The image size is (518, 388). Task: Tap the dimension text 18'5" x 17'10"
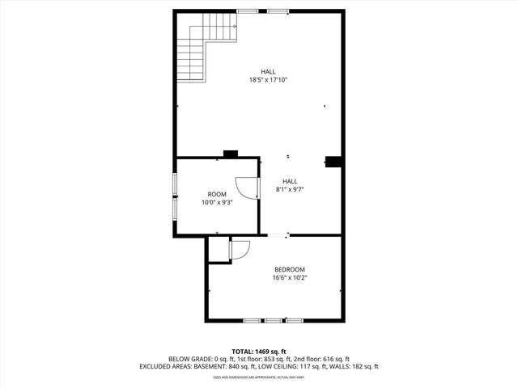(x=269, y=79)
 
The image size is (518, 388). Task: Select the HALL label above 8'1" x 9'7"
(x=290, y=181)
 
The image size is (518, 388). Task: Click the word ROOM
(x=217, y=194)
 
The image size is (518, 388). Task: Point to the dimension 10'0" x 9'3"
(x=217, y=203)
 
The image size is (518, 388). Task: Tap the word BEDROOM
(x=290, y=269)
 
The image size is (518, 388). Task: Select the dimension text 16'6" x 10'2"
(x=290, y=278)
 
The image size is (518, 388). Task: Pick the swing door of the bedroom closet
(x=240, y=251)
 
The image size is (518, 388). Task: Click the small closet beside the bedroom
(x=219, y=251)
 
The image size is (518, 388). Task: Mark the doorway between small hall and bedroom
(x=278, y=235)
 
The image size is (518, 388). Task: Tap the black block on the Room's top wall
(x=231, y=154)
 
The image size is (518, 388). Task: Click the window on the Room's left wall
(x=176, y=196)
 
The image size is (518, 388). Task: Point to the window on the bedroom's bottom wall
(x=273, y=321)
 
